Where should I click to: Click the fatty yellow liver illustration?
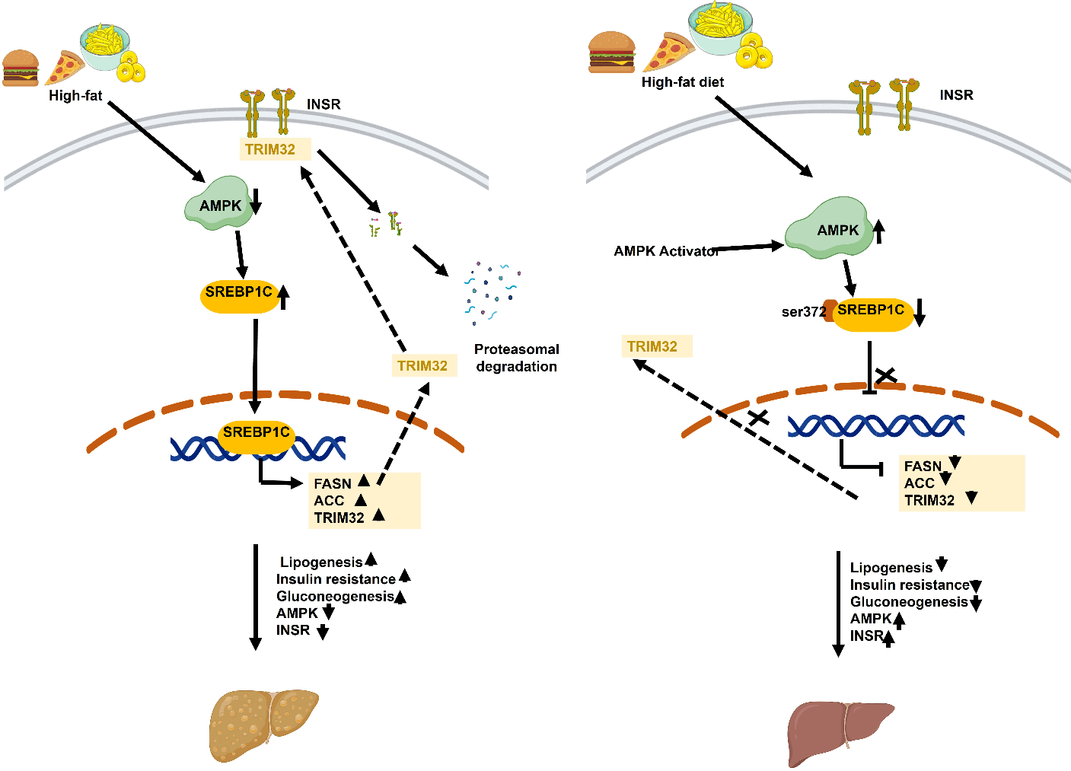pyautogui.click(x=263, y=725)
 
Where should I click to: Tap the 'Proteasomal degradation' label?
pyautogui.click(x=516, y=358)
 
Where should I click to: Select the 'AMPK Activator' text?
pyautogui.click(x=665, y=251)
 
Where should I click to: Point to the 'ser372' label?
pyautogui.click(x=803, y=312)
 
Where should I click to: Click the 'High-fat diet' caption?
pyautogui.click(x=682, y=82)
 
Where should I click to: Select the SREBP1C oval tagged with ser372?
pyautogui.click(x=872, y=313)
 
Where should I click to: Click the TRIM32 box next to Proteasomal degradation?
pyautogui.click(x=423, y=366)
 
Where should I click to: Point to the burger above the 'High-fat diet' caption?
pyautogui.click(x=611, y=52)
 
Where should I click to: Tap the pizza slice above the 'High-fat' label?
pyautogui.click(x=64, y=68)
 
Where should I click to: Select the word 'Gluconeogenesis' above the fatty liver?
pyautogui.click(x=335, y=597)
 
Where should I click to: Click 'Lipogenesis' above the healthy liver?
pyautogui.click(x=891, y=568)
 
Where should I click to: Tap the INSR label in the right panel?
pyautogui.click(x=956, y=95)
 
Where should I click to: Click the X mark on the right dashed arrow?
pyautogui.click(x=758, y=418)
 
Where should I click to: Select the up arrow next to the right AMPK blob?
pyautogui.click(x=879, y=231)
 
